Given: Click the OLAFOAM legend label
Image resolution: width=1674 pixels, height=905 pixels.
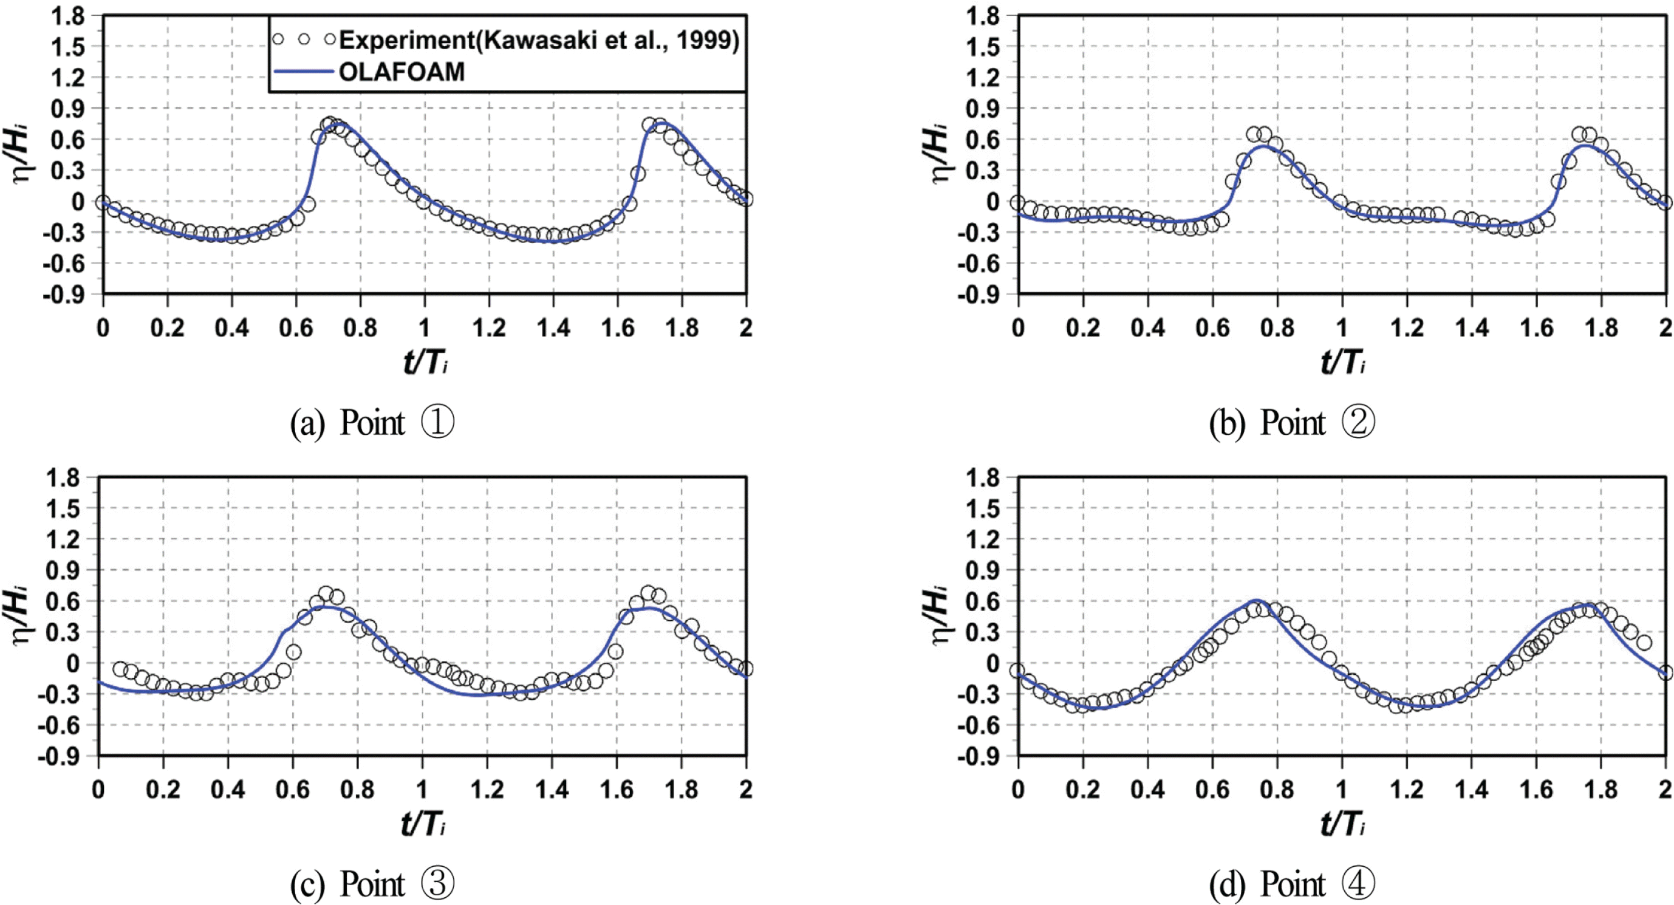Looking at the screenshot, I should click(x=401, y=72).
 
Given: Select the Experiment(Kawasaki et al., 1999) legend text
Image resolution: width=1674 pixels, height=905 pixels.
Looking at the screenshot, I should click(x=539, y=40).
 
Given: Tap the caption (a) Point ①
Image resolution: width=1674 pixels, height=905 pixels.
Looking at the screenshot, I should click(x=372, y=423).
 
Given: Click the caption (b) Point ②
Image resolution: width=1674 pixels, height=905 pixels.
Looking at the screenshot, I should click(x=1292, y=423).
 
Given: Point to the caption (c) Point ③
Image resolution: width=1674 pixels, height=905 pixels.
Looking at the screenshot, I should click(x=372, y=884).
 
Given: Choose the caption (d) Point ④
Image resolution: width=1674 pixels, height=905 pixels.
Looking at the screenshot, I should click(x=1292, y=884).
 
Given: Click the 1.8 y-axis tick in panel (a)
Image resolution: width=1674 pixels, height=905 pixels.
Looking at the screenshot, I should click(x=68, y=16).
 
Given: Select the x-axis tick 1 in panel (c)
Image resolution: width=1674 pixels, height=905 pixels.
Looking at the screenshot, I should click(x=422, y=790).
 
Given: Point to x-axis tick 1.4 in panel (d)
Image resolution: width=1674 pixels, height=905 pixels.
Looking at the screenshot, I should click(x=1472, y=790).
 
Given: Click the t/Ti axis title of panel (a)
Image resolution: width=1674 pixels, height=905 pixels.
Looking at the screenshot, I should click(x=426, y=362).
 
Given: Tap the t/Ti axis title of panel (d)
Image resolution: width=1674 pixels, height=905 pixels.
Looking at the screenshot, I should click(x=1342, y=824).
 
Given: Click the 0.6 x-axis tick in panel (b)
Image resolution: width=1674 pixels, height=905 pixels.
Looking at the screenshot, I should click(x=1212, y=328).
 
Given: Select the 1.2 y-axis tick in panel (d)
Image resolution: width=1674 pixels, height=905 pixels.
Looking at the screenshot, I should click(x=983, y=539).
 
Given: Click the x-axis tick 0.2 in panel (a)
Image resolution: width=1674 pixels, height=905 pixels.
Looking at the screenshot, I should click(x=167, y=328).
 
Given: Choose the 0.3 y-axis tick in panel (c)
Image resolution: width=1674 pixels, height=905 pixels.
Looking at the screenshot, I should click(x=63, y=632).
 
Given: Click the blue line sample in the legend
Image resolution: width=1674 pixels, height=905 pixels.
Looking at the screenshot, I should click(x=303, y=72).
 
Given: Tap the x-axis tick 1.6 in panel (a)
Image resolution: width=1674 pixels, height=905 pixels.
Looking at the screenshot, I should click(x=617, y=328).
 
